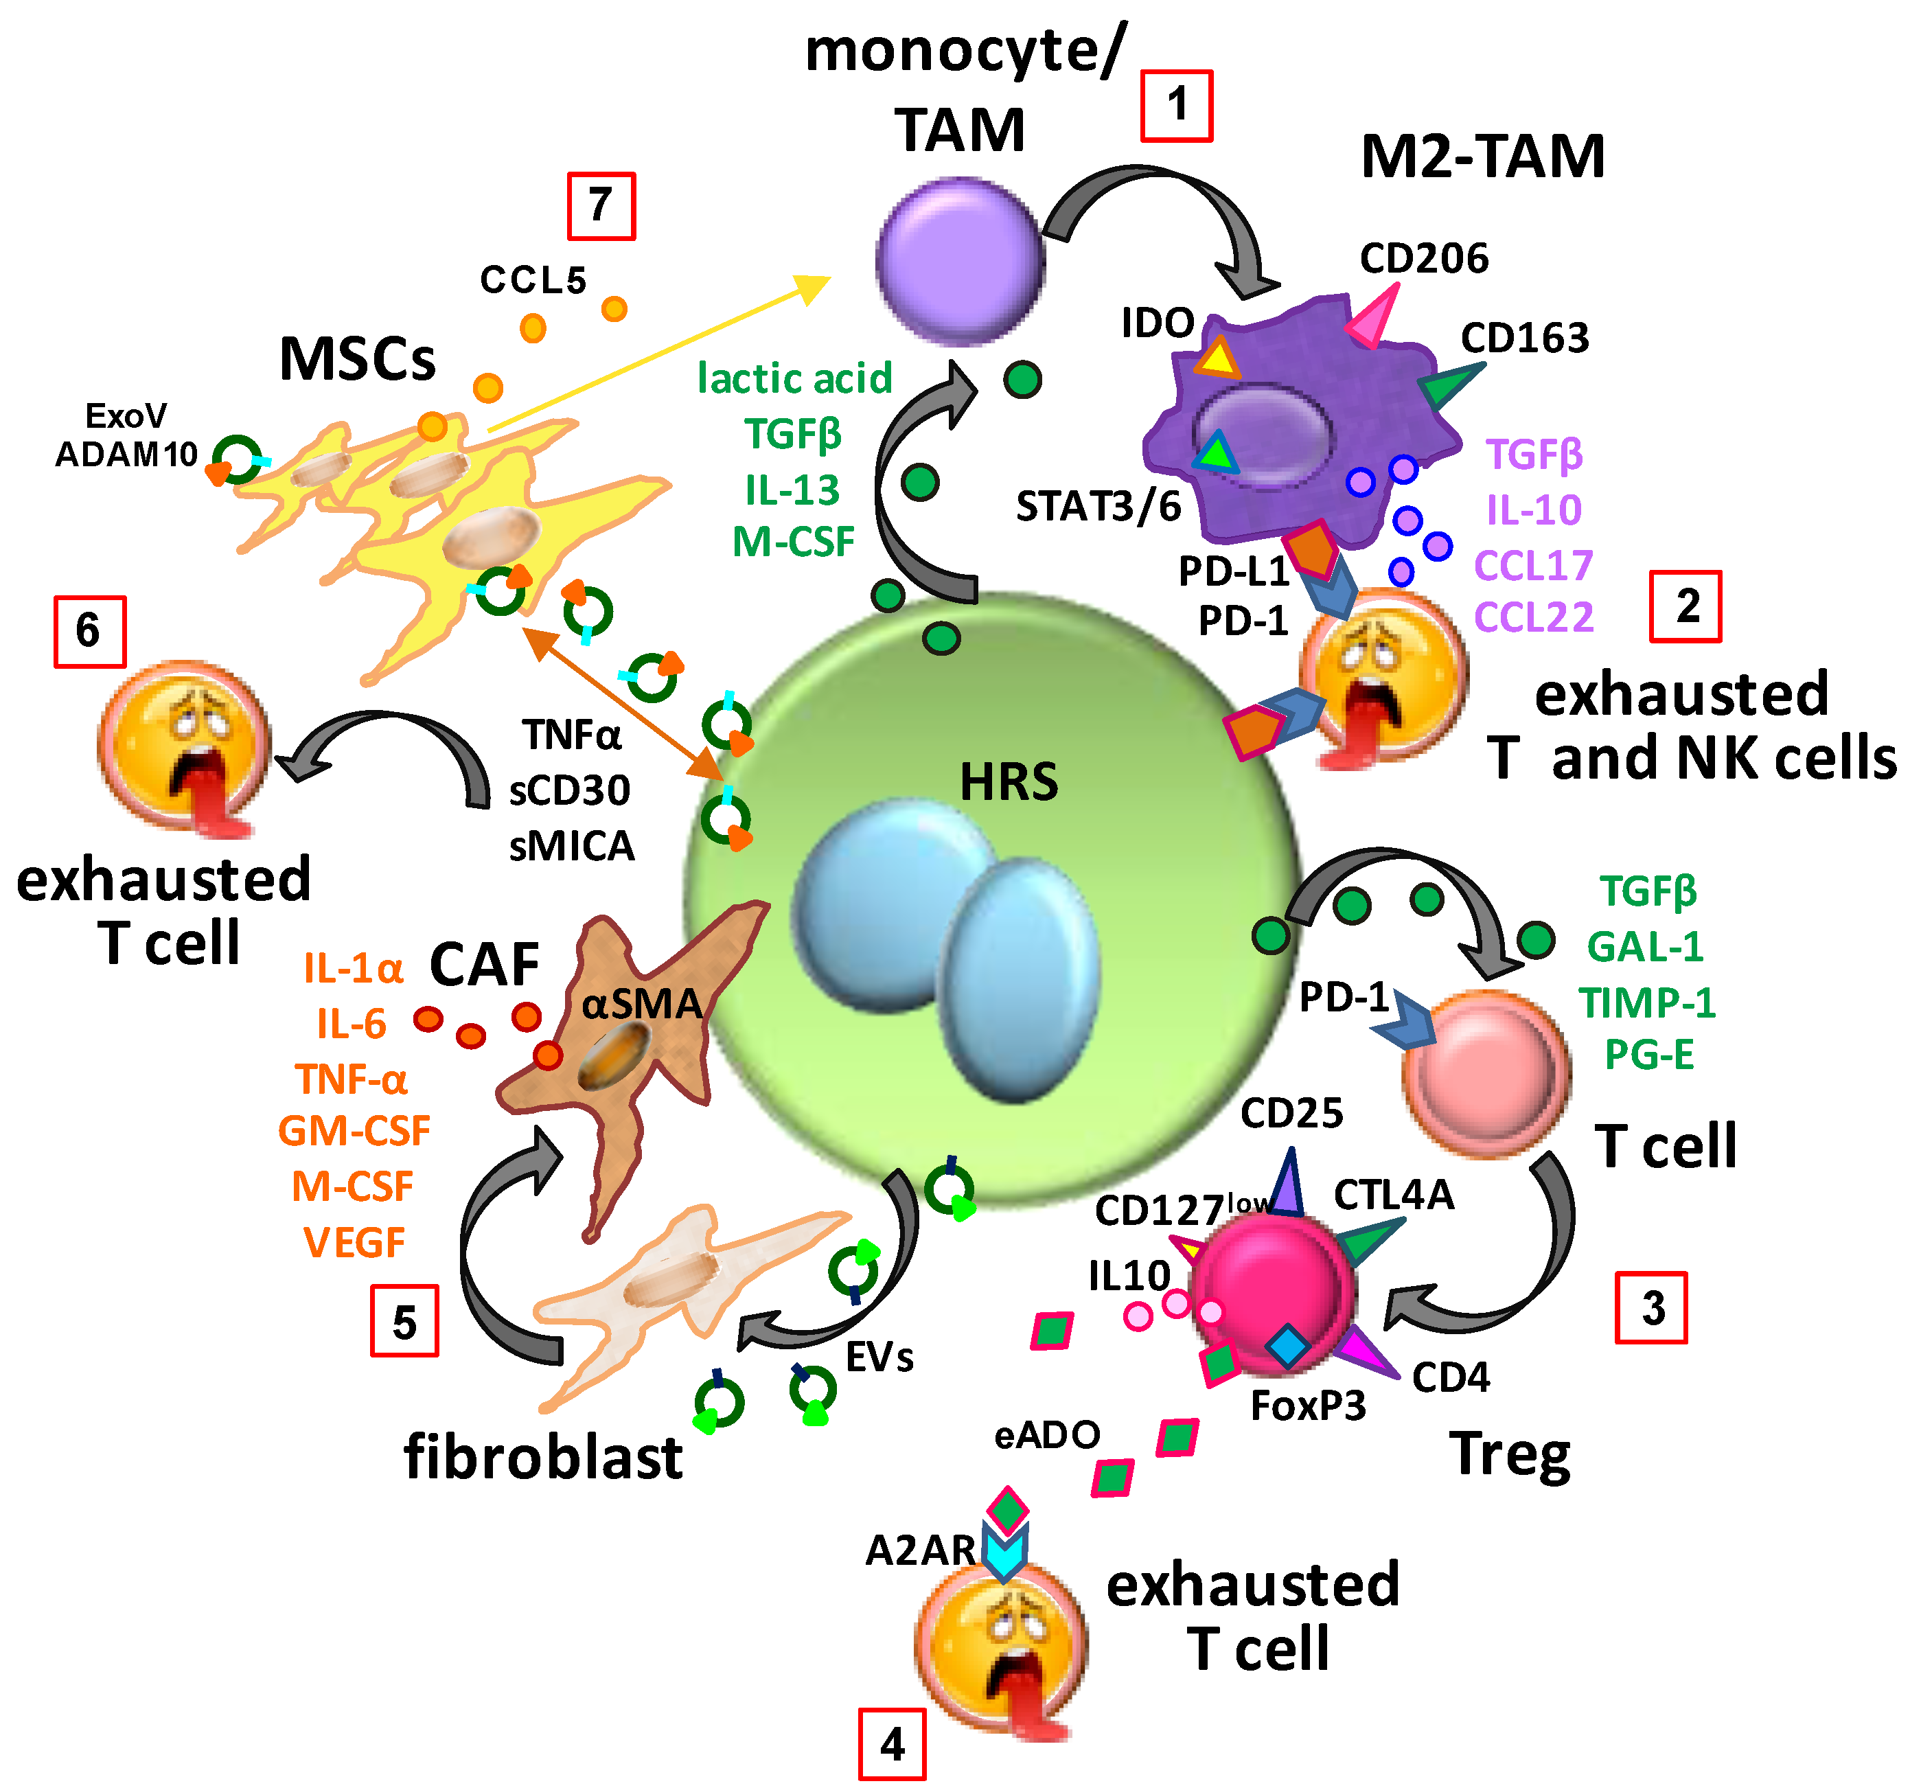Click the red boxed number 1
click(1176, 106)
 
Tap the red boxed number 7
click(601, 205)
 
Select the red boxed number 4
click(892, 1744)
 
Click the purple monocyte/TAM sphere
click(960, 260)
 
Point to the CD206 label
click(1424, 257)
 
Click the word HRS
click(1009, 781)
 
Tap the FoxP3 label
click(1308, 1406)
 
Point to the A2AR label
click(919, 1550)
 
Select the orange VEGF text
click(354, 1242)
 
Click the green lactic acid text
click(794, 378)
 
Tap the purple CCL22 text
click(1533, 617)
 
